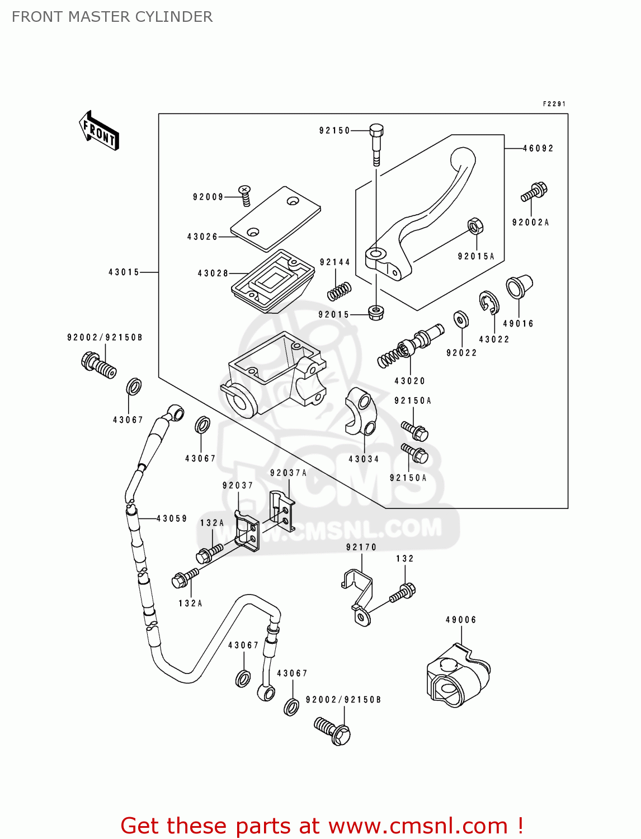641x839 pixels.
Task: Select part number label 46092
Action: click(x=538, y=148)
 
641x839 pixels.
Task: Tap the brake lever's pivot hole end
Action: click(x=376, y=255)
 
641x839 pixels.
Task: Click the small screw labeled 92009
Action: click(x=245, y=193)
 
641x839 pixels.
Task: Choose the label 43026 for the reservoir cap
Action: click(x=202, y=237)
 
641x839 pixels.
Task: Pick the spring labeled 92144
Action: click(x=339, y=291)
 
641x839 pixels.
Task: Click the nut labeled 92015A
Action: click(x=475, y=227)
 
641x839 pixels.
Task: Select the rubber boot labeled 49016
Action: click(x=519, y=287)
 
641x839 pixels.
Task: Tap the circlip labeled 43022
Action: click(x=489, y=303)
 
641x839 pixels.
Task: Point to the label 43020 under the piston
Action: click(x=410, y=381)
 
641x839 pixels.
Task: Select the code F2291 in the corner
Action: click(x=554, y=104)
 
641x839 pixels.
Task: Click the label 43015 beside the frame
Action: click(x=124, y=272)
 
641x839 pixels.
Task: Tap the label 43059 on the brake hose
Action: click(x=172, y=519)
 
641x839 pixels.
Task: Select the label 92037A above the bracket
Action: click(x=288, y=473)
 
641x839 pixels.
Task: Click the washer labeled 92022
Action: click(x=461, y=320)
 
